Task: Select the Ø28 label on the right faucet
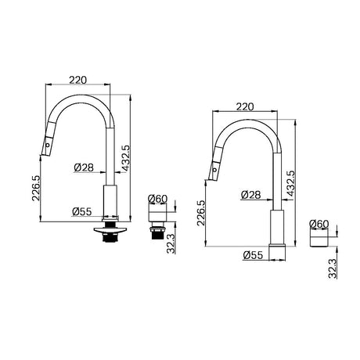(x=251, y=193)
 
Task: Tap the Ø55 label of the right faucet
(x=251, y=254)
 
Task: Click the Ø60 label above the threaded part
(x=159, y=200)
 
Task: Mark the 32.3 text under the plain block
(x=333, y=268)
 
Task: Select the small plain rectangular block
(x=319, y=239)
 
